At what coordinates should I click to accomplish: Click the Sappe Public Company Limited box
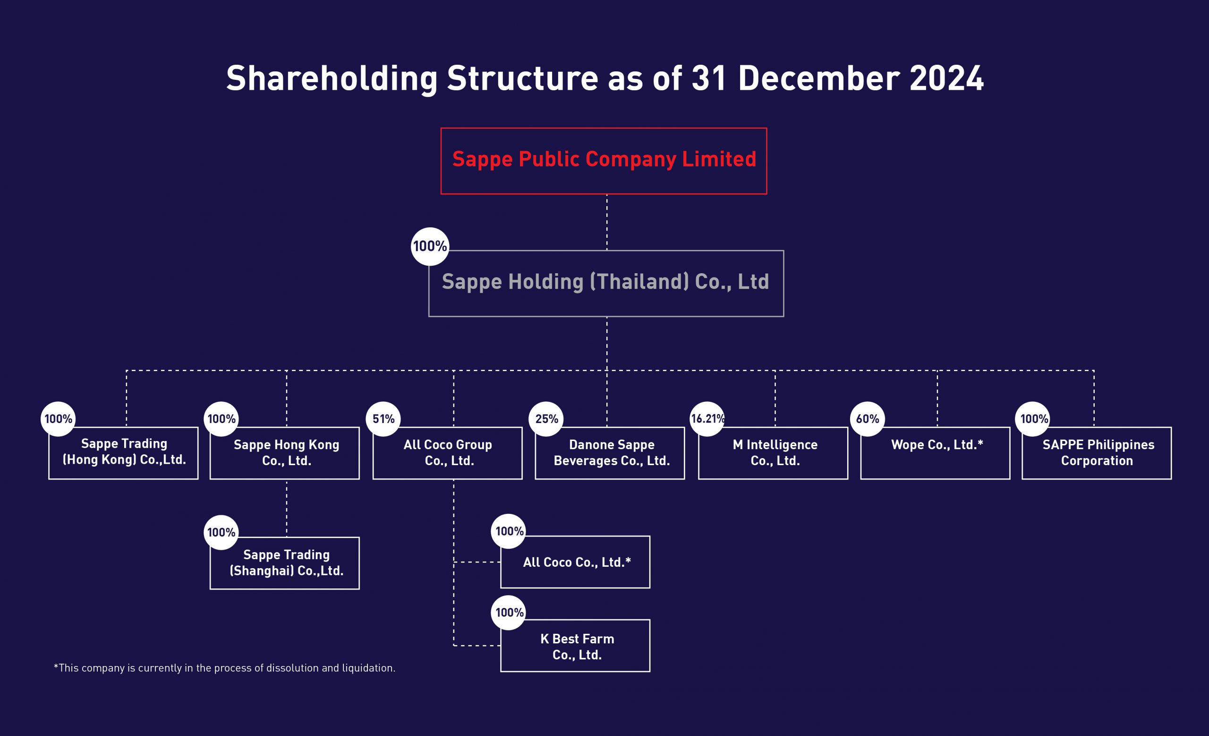(x=604, y=161)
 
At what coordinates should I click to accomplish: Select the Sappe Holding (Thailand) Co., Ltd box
(x=606, y=283)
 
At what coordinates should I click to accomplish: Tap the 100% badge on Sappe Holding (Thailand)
(x=430, y=246)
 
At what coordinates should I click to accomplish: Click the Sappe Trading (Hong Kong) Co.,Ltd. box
(x=123, y=453)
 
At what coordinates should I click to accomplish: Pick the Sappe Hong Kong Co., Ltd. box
(x=285, y=453)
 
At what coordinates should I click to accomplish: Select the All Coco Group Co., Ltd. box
(x=448, y=453)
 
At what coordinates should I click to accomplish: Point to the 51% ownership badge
(x=383, y=419)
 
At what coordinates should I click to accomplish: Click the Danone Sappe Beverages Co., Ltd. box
(x=610, y=453)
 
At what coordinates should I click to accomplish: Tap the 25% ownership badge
(x=546, y=419)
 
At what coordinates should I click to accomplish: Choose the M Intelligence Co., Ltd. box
(x=773, y=453)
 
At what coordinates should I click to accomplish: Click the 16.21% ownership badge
(x=707, y=419)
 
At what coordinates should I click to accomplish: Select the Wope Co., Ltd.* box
(x=935, y=453)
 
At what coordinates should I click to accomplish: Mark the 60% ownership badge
(x=868, y=419)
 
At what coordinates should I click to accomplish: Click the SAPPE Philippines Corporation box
(x=1097, y=453)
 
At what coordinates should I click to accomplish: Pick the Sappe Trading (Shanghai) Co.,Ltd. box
(x=285, y=563)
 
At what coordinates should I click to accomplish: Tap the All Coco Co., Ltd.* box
(x=575, y=562)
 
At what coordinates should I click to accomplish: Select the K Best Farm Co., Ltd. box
(x=575, y=645)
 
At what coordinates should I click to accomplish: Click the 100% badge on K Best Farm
(x=509, y=612)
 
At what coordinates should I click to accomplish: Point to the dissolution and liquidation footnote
(x=224, y=668)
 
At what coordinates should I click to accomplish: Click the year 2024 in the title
(x=946, y=78)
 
